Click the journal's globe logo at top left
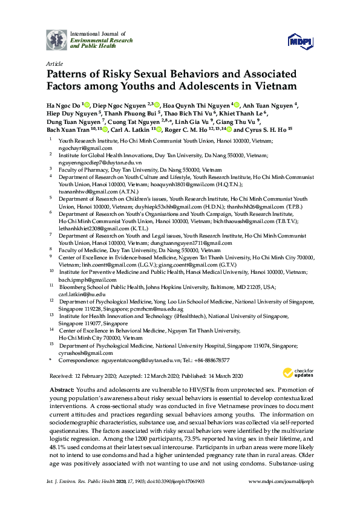[x=57, y=40]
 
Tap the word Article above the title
[x=54, y=63]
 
